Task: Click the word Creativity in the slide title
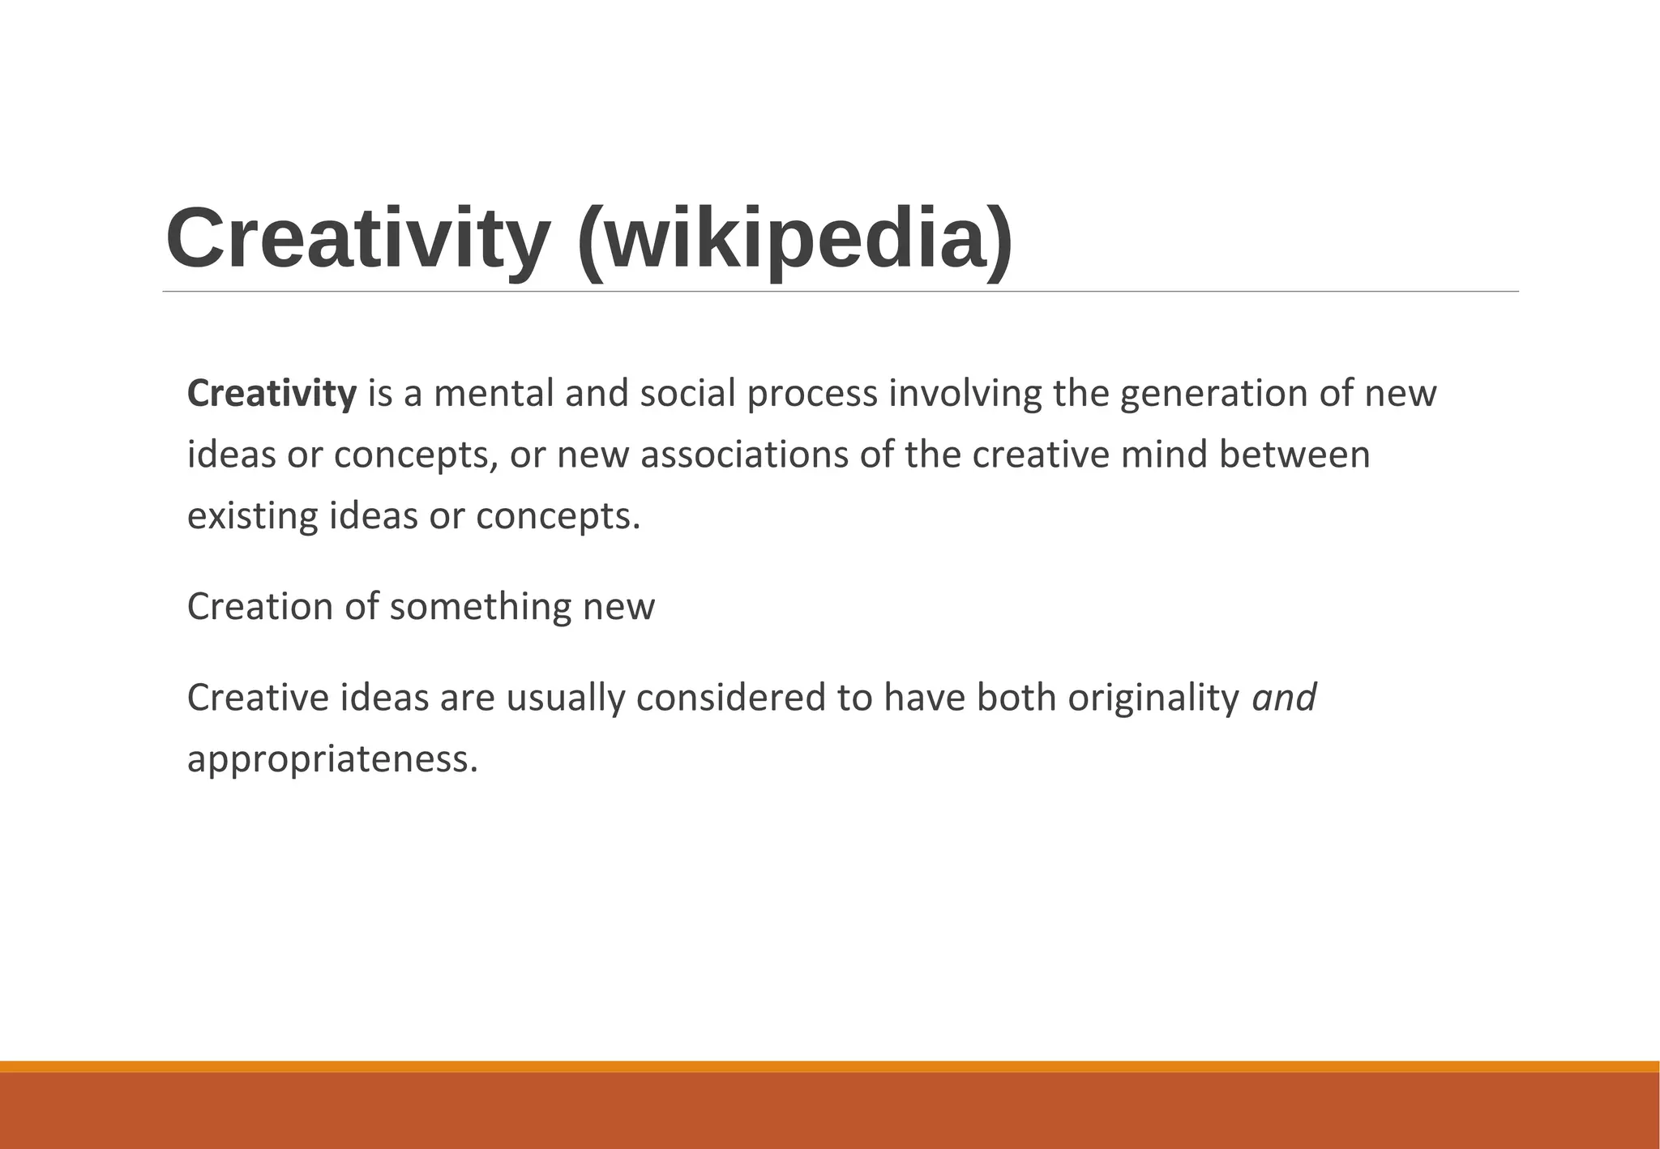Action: point(357,239)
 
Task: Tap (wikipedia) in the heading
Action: point(795,239)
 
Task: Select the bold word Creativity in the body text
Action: point(272,394)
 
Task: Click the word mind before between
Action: point(1164,455)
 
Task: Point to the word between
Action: point(1294,455)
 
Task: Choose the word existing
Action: point(252,517)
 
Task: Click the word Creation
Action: point(260,607)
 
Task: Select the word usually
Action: point(566,698)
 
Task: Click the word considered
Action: point(730,698)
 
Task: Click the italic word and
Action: point(1285,698)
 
